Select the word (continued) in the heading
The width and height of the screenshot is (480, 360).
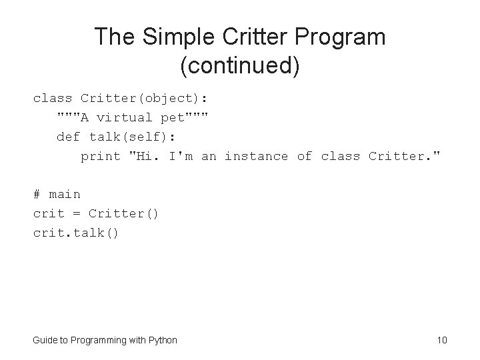pos(239,66)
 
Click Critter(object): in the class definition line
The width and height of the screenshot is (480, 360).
pos(144,99)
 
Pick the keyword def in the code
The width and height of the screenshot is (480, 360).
pos(69,137)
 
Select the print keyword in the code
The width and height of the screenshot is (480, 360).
pos(100,157)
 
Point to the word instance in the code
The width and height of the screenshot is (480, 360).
pos(256,157)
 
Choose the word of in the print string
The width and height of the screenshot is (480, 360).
pos(304,157)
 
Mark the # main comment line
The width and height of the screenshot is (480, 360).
pos(57,195)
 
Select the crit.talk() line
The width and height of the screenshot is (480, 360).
pos(76,233)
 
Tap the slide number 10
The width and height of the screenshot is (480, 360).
pos(441,341)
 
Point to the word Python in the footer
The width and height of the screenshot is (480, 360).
pos(162,341)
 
